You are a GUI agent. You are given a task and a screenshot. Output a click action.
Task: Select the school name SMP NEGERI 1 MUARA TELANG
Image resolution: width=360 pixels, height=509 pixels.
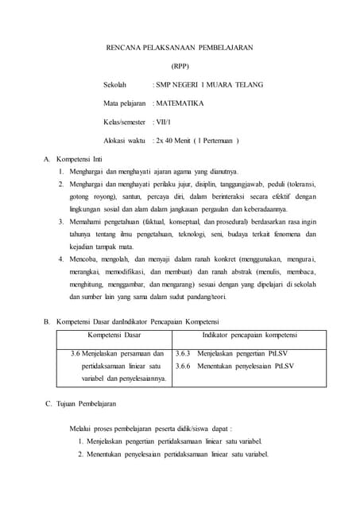pyautogui.click(x=210, y=84)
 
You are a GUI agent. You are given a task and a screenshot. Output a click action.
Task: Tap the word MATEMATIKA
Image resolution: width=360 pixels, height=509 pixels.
pyautogui.click(x=180, y=103)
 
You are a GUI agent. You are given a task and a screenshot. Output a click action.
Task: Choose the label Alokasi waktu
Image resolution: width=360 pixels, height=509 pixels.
pyautogui.click(x=125, y=140)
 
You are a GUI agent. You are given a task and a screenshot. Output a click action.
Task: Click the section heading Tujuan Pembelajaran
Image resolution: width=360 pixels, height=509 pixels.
pyautogui.click(x=83, y=405)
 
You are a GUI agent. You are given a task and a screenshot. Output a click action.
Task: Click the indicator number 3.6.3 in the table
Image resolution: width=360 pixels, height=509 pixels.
pyautogui.click(x=183, y=353)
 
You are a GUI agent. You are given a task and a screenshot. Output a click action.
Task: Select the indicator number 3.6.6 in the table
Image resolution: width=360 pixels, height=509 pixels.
pyautogui.click(x=183, y=366)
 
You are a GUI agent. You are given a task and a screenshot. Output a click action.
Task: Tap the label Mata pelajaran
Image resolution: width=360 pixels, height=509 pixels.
pyautogui.click(x=126, y=103)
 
